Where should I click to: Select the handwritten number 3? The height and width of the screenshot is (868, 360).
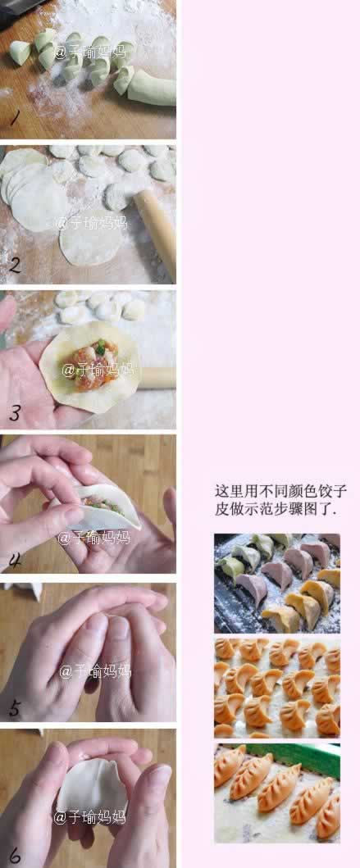point(15,412)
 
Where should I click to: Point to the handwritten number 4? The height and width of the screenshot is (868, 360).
point(16,561)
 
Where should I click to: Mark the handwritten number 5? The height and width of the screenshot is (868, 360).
point(14,708)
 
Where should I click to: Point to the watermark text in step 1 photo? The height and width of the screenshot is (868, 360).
point(89,52)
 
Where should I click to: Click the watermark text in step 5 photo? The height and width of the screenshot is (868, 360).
point(94,671)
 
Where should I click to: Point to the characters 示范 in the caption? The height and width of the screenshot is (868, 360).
point(256,509)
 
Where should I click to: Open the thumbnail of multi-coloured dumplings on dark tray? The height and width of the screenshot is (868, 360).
point(276,583)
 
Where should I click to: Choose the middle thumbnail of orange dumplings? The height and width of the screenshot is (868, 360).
point(276,688)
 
